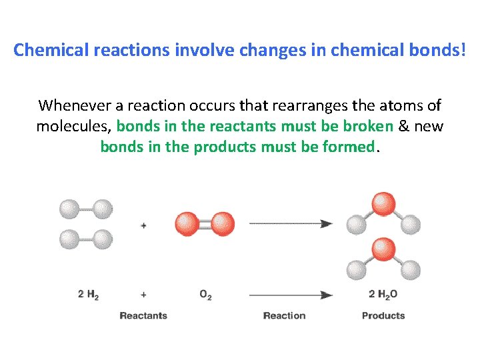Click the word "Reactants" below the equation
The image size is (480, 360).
coord(143,315)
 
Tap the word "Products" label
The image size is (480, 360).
coord(383,315)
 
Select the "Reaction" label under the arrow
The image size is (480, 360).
coord(284,315)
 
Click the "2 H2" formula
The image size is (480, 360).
coord(88,295)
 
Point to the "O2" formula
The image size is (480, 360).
coord(205,295)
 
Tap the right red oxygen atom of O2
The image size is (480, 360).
coord(223,224)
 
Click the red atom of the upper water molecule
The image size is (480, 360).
coord(383,204)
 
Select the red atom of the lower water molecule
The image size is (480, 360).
coord(383,249)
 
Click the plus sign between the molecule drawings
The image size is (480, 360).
coord(143,225)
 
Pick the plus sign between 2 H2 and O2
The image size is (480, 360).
coord(143,294)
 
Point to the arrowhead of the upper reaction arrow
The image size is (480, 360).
coord(326,224)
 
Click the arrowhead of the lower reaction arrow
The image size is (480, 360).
coord(326,294)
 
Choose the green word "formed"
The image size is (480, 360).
coord(347,147)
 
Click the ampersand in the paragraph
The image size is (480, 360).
coord(405,126)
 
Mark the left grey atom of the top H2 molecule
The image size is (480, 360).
coord(69,210)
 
